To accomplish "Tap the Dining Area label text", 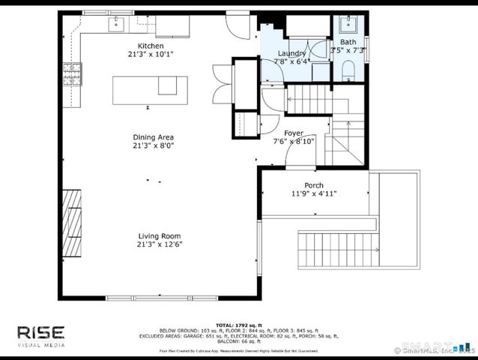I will point(154,137).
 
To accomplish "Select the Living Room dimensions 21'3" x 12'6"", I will point(160,244).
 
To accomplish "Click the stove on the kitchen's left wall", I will point(73,73).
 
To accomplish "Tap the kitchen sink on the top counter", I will point(117,26).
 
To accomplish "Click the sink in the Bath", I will point(348,22).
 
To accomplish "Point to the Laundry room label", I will point(291,53).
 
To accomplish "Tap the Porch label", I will point(313,185).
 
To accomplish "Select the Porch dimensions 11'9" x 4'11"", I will point(313,193).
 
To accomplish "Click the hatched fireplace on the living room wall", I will point(72,223).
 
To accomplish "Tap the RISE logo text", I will point(42,332).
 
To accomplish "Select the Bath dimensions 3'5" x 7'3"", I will point(348,50).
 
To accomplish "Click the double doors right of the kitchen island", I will point(223,79).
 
